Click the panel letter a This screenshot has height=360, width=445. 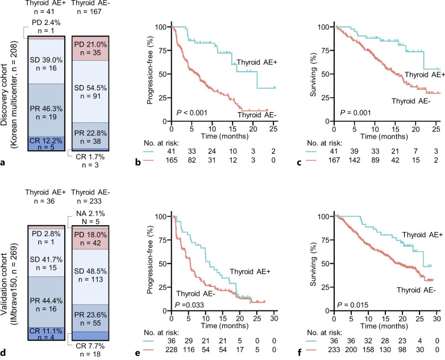[x=3, y=163]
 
